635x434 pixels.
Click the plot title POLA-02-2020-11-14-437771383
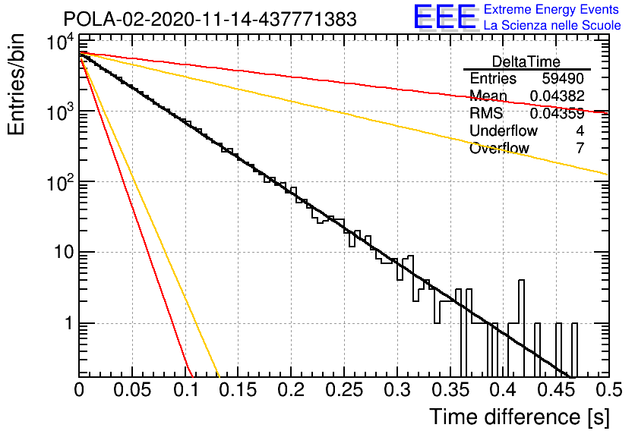tap(210, 19)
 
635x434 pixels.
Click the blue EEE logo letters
tap(444, 17)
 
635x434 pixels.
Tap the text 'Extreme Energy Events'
tap(551, 9)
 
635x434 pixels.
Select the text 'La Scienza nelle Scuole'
tap(552, 26)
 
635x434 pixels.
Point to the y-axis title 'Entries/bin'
tap(16, 84)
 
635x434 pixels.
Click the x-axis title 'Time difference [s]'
tap(520, 417)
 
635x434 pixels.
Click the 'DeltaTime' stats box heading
tap(526, 61)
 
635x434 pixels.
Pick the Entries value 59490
tap(563, 78)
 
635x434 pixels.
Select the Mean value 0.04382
tap(558, 96)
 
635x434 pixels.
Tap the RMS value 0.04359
tap(558, 113)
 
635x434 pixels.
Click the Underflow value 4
tap(580, 131)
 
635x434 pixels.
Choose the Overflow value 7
tap(580, 148)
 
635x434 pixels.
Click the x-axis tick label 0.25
tap(344, 390)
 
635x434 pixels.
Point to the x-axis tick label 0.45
tap(557, 390)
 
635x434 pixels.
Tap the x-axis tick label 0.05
tap(132, 390)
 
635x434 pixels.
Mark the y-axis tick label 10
tap(64, 253)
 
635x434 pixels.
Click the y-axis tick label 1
tap(69, 323)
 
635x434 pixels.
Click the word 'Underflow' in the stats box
tap(504, 131)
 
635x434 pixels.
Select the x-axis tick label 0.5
tap(609, 390)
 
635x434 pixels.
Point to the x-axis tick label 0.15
tap(239, 390)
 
